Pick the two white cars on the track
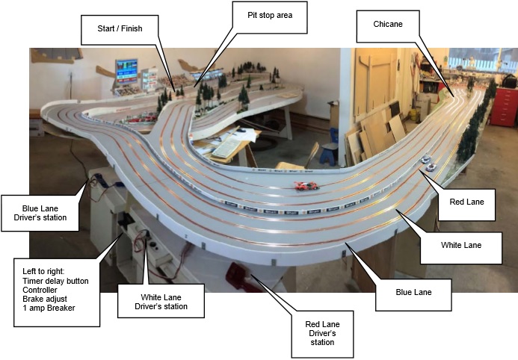428,163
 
